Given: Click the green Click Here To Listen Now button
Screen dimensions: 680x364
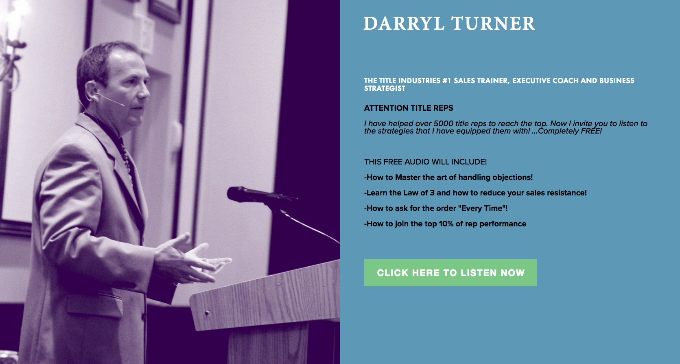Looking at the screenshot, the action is pyautogui.click(x=450, y=272).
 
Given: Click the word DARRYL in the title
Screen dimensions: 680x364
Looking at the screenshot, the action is pyautogui.click(x=404, y=23).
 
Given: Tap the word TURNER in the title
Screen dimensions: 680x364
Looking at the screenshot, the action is pyautogui.click(x=493, y=23).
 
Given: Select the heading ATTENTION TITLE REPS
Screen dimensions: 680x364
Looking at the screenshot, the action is pyautogui.click(x=409, y=108).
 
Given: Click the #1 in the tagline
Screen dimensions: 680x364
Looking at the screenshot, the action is pyautogui.click(x=446, y=81).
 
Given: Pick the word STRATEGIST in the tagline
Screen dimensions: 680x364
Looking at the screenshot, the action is pyautogui.click(x=385, y=88).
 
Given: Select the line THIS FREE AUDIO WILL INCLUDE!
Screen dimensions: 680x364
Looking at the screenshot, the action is pyautogui.click(x=426, y=162).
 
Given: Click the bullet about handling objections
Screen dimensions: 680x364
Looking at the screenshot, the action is pyautogui.click(x=448, y=177).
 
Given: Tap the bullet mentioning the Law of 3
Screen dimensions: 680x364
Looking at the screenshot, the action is pyautogui.click(x=475, y=193).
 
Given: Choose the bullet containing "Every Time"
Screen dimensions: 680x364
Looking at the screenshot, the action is pyautogui.click(x=436, y=208).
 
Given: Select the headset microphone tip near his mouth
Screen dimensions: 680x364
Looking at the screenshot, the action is pyautogui.click(x=122, y=105).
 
